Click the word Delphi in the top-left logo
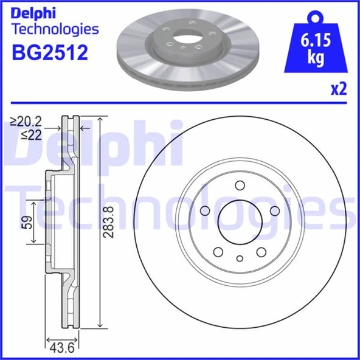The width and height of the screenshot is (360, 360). pos(34,12)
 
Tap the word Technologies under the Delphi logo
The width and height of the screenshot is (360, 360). pos(55,29)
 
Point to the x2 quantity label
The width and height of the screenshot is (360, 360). pos(338,89)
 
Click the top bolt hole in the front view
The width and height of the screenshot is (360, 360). pos(240,186)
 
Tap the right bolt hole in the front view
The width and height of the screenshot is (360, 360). pos(274,210)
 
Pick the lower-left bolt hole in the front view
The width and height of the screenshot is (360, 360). pos(218,252)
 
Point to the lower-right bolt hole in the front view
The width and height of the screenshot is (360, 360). pos(261,252)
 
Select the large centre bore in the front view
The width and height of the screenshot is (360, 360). pos(240,222)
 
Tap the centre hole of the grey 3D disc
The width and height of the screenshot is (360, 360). pos(183,43)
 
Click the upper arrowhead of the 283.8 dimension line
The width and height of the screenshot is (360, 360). pos(99,119)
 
